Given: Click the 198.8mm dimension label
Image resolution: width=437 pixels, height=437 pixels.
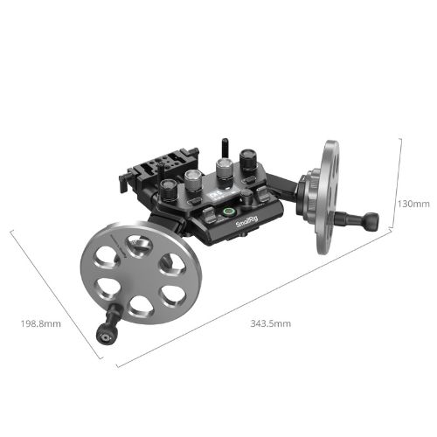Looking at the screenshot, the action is click(x=41, y=323).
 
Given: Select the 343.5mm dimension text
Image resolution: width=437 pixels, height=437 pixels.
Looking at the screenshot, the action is click(x=271, y=323).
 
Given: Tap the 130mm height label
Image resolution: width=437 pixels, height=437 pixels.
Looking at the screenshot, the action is click(x=413, y=204).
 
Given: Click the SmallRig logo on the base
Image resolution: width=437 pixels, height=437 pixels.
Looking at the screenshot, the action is click(x=246, y=222).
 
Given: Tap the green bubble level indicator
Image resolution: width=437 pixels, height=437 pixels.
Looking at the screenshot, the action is click(x=227, y=212).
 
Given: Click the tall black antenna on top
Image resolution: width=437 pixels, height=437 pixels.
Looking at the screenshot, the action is click(x=225, y=148).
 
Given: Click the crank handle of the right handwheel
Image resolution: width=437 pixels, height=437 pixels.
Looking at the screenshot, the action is click(x=357, y=219).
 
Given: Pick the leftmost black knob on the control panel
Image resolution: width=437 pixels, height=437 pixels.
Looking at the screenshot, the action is click(x=168, y=190).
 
